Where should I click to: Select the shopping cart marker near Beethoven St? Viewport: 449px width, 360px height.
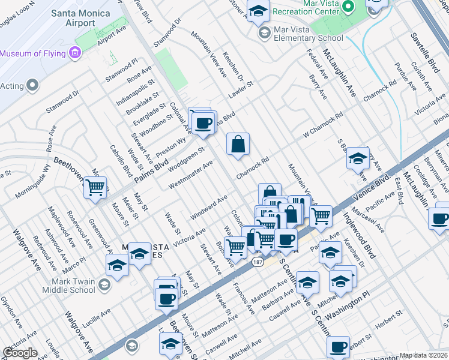[95, 188]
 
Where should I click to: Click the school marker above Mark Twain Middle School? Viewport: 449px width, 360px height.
[117, 265]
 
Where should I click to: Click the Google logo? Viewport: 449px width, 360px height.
[20, 352]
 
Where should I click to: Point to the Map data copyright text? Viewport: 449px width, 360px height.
[424, 355]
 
